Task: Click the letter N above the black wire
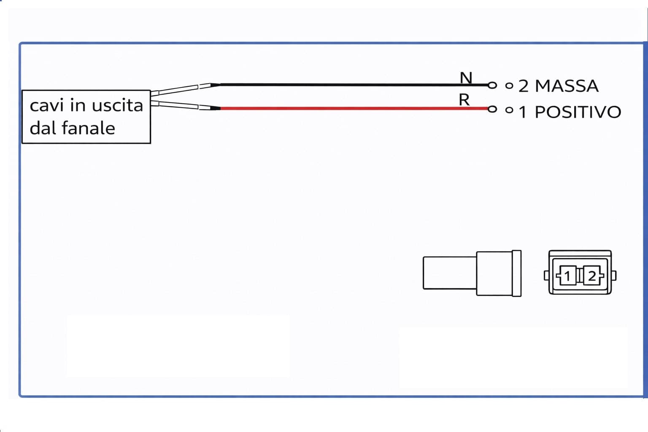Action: tap(466, 78)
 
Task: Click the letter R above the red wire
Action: tap(464, 100)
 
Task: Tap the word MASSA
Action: tap(567, 86)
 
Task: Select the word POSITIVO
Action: tap(578, 112)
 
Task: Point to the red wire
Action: tap(354, 108)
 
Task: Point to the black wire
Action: tap(354, 85)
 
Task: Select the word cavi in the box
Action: tap(47, 105)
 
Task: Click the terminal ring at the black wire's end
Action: tap(492, 85)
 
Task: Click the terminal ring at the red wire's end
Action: tap(492, 109)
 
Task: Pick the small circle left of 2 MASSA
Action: tap(509, 86)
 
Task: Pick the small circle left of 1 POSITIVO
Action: tap(509, 110)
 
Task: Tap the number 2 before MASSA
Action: tap(523, 86)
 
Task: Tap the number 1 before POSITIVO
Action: tap(522, 112)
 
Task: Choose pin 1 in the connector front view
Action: tap(567, 276)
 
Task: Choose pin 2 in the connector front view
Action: tap(592, 276)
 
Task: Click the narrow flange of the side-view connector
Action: tap(517, 273)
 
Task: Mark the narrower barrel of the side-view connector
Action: tap(450, 273)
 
